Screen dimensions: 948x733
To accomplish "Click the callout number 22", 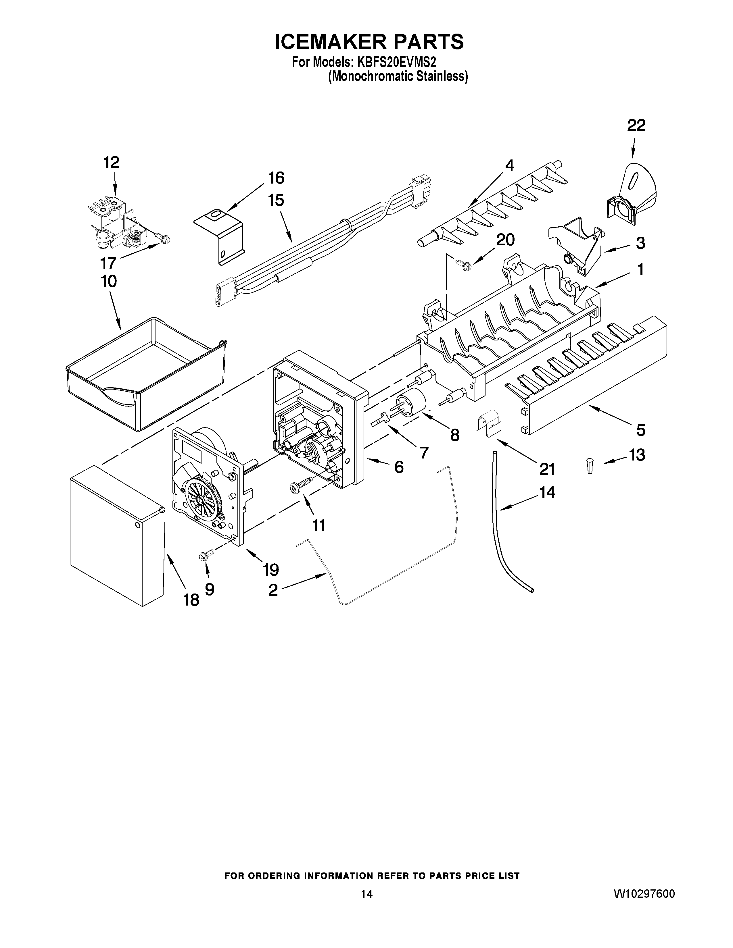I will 636,126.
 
